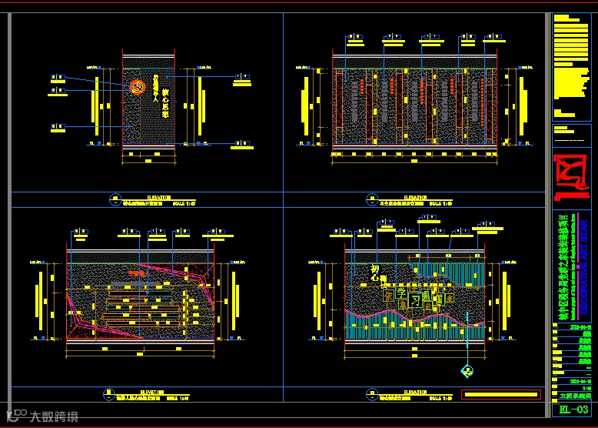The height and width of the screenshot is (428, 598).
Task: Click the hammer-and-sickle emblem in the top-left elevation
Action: pyautogui.click(x=138, y=87)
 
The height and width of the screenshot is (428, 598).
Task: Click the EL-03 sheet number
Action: pyautogui.click(x=574, y=410)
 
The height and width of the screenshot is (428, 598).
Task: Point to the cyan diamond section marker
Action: pyautogui.click(x=466, y=371)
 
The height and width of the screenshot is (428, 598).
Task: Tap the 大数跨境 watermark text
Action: pyautogui.click(x=54, y=416)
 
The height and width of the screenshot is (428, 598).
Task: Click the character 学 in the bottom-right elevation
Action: pyautogui.click(x=400, y=295)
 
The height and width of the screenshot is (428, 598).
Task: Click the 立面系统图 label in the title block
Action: pyautogui.click(x=574, y=394)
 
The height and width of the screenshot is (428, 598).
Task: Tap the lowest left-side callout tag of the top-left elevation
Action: pyautogui.click(x=58, y=126)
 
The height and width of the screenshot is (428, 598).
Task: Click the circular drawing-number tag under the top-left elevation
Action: pyautogui.click(x=115, y=199)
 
